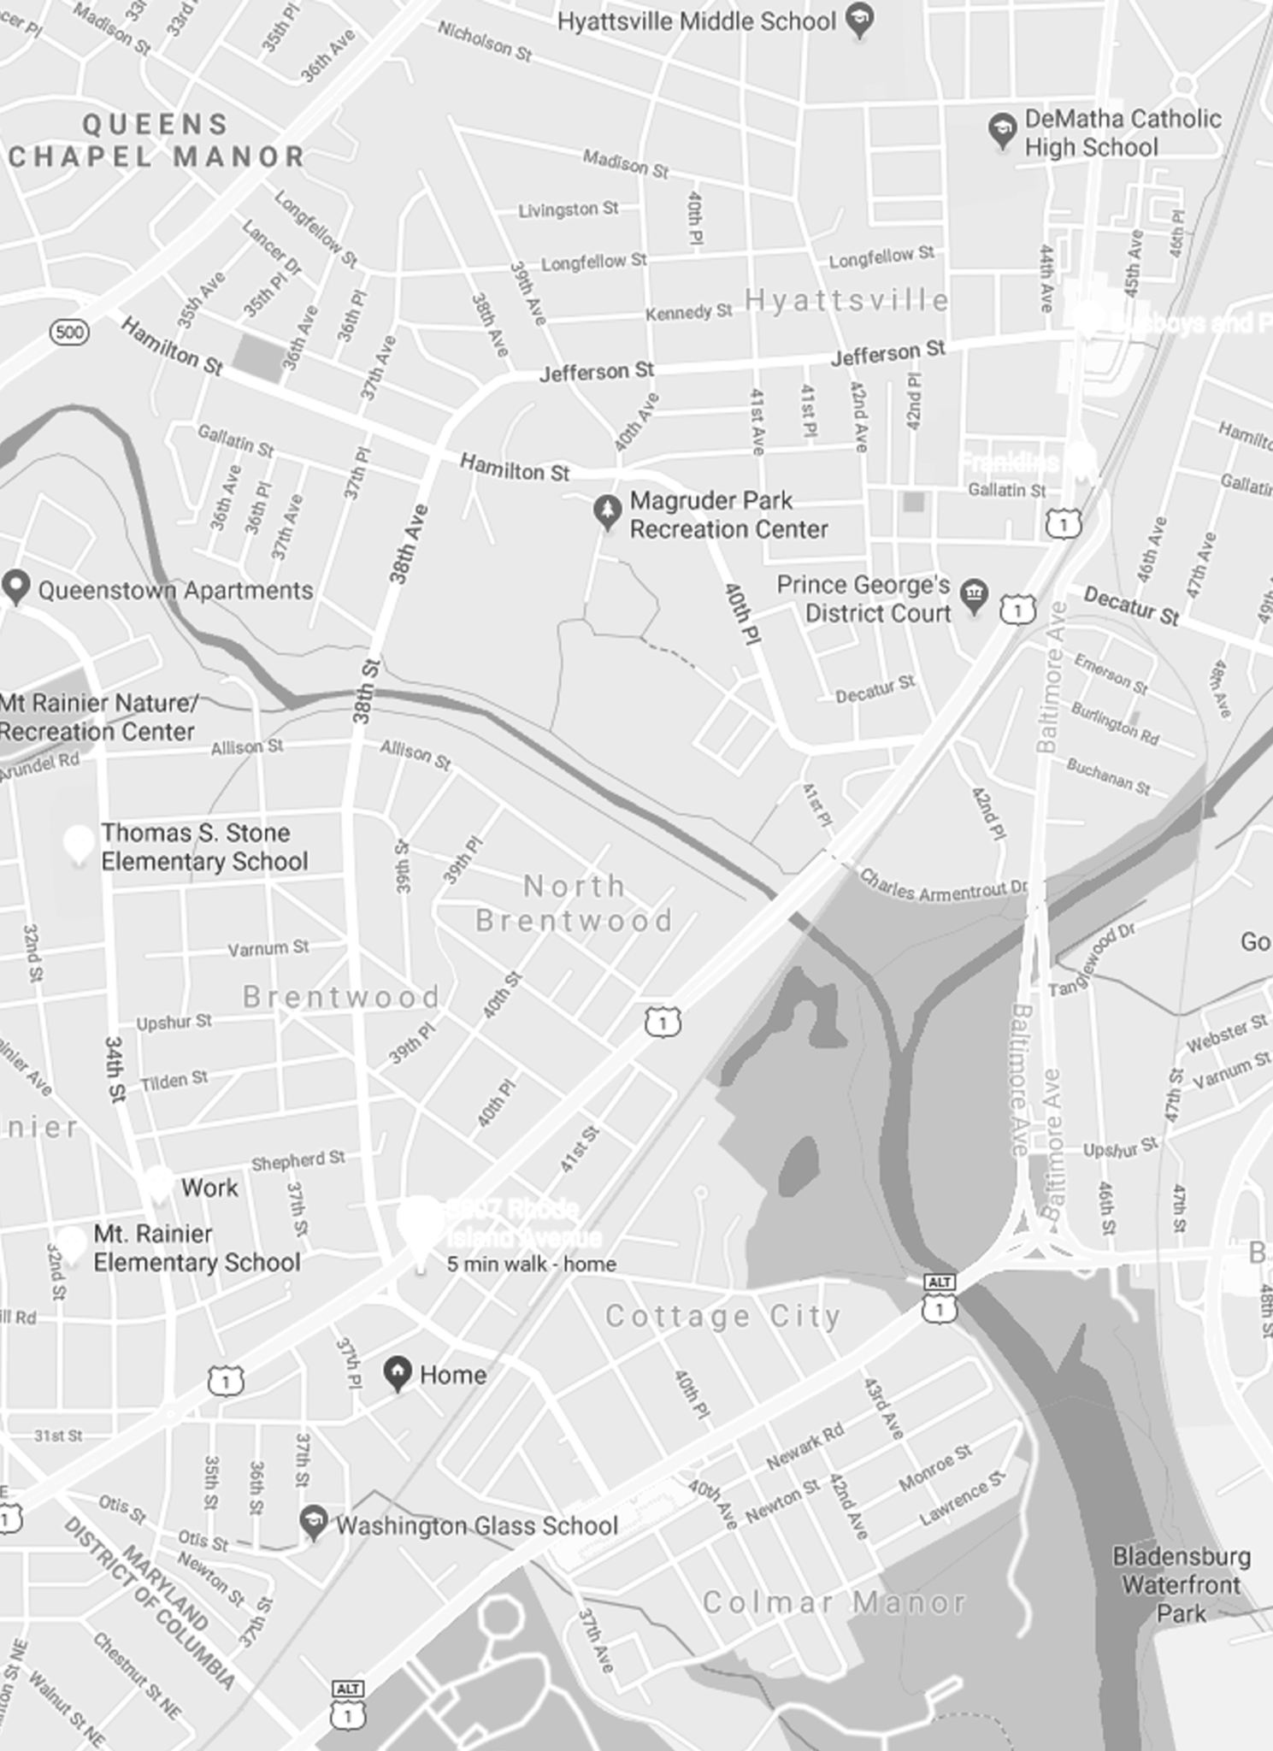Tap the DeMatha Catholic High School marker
1001,131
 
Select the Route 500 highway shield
69,332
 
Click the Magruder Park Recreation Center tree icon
607,511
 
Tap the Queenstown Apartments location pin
15,587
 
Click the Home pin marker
397,1373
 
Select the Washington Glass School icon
313,1522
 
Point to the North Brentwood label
575,904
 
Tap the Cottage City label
723,1316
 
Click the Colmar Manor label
834,1602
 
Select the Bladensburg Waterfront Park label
1181,1584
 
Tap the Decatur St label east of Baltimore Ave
1131,605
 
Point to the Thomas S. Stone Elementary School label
204,846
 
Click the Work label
209,1188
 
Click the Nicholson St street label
485,41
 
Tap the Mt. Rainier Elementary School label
197,1247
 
